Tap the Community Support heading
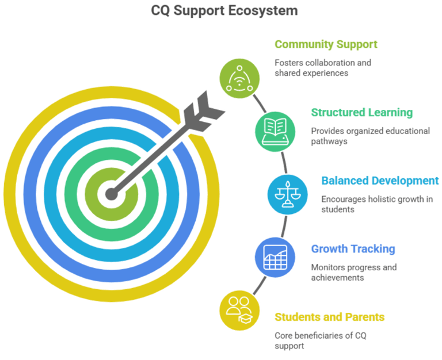(326, 44)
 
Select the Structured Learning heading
(362, 112)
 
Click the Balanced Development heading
(380, 181)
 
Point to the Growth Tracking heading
(353, 249)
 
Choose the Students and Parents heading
(330, 317)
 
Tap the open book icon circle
(272, 129)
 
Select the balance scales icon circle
(284, 193)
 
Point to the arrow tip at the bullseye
(110, 193)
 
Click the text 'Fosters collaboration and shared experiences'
(322, 68)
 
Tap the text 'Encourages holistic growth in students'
(377, 204)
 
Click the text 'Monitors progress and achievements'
(354, 272)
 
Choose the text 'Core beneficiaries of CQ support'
(320, 340)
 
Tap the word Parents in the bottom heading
(364, 317)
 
